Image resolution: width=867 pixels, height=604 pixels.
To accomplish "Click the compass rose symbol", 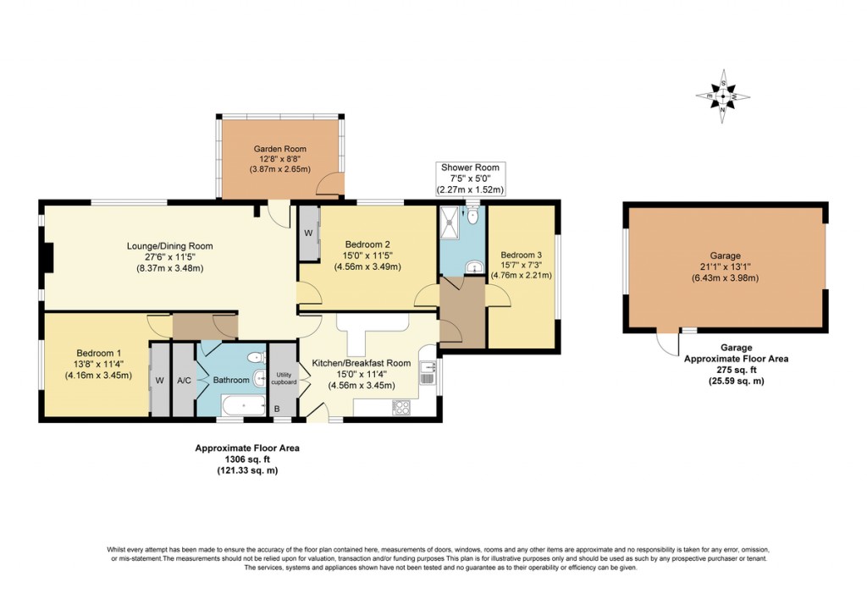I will click(722, 96).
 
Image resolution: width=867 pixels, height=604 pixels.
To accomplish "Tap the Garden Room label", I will click(280, 149).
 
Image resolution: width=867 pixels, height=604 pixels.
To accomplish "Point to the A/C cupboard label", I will click(184, 381).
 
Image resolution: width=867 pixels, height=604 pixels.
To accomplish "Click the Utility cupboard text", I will click(284, 379).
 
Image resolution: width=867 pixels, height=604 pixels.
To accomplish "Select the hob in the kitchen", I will click(401, 407).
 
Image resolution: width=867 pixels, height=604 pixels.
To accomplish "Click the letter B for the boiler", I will click(277, 409).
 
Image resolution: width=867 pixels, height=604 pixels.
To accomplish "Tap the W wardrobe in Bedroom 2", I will click(308, 233).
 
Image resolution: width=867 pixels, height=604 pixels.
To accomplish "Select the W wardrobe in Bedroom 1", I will click(158, 381).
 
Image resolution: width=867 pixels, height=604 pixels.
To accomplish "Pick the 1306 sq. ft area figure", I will click(247, 459).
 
